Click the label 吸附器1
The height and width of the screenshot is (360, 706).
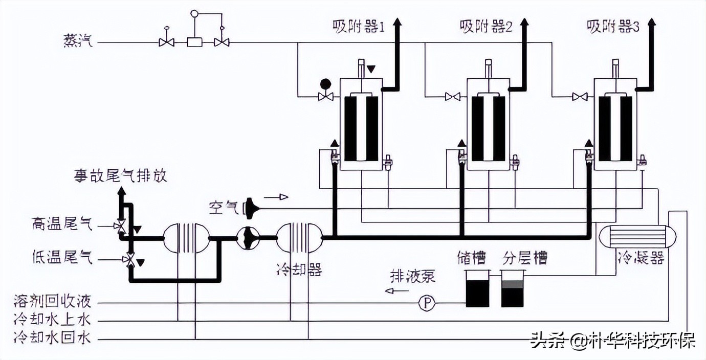pyautogui.click(x=358, y=27)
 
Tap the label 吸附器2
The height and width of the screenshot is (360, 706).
pyautogui.click(x=486, y=27)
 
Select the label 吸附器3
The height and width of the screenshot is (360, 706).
pyautogui.click(x=613, y=27)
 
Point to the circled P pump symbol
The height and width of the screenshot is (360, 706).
pyautogui.click(x=426, y=304)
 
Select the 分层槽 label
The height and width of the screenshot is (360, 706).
pyautogui.click(x=525, y=257)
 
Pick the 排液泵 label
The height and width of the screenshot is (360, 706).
pyautogui.click(x=413, y=277)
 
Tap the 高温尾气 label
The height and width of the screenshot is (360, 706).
pyautogui.click(x=61, y=224)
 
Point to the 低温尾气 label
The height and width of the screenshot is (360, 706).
pyautogui.click(x=61, y=259)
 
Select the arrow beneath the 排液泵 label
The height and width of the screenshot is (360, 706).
pyautogui.click(x=397, y=291)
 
